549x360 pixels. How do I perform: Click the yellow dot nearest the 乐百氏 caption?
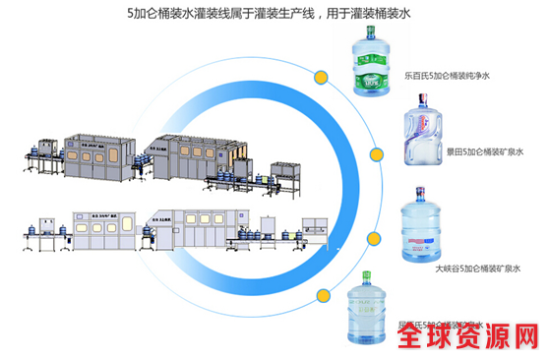click(x=321, y=77)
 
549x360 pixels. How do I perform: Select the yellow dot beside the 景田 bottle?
click(x=377, y=152)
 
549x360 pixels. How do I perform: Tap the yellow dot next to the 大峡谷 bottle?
click(x=374, y=240)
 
